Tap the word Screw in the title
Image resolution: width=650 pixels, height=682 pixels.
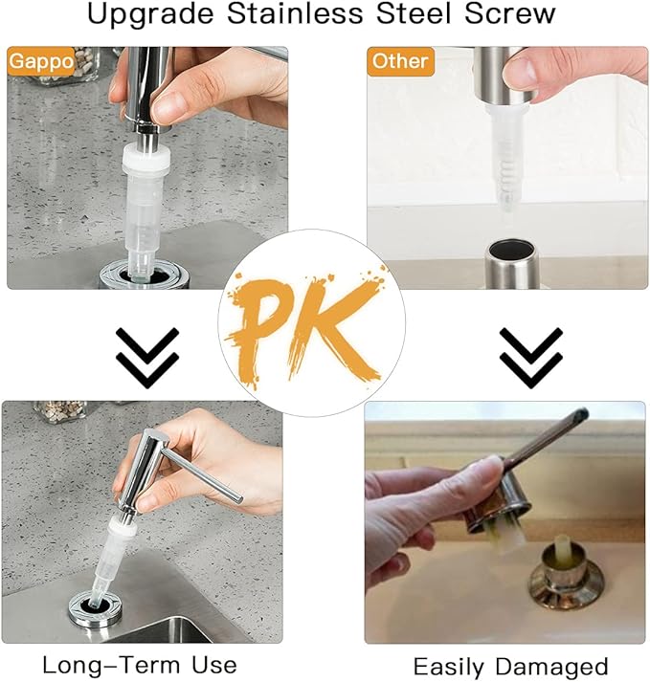pyautogui.click(x=515, y=15)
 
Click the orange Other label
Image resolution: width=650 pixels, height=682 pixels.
pyautogui.click(x=400, y=61)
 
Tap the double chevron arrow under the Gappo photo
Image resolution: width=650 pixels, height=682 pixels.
pyautogui.click(x=147, y=357)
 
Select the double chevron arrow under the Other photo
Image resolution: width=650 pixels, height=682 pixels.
pyautogui.click(x=528, y=357)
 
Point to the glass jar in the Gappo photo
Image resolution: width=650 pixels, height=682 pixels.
pyautogui.click(x=67, y=66)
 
